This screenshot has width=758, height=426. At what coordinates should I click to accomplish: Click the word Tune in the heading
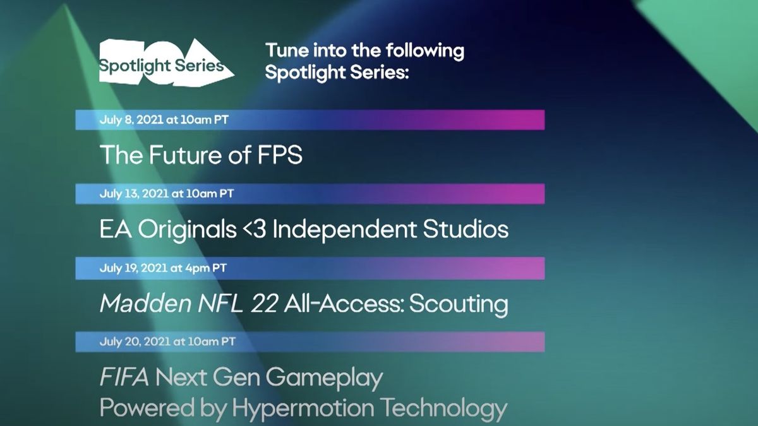pyautogui.click(x=285, y=51)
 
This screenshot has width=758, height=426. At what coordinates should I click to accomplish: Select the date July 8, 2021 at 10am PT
pyautogui.click(x=164, y=119)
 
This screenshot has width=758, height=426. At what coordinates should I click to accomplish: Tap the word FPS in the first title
pyautogui.click(x=279, y=155)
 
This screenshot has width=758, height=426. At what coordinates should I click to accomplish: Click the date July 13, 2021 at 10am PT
pyautogui.click(x=167, y=194)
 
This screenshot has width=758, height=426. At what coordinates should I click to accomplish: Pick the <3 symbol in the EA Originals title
pyautogui.click(x=254, y=229)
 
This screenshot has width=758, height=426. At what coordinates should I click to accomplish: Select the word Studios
pyautogui.click(x=466, y=229)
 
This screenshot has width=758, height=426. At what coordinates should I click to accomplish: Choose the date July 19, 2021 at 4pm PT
pyautogui.click(x=163, y=268)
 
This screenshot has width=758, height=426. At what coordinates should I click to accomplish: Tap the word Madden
pyautogui.click(x=138, y=304)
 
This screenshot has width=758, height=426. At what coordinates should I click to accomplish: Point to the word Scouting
pyautogui.click(x=459, y=304)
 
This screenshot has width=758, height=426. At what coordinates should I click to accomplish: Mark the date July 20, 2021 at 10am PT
pyautogui.click(x=167, y=341)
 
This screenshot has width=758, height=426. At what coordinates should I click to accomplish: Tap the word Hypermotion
pyautogui.click(x=308, y=409)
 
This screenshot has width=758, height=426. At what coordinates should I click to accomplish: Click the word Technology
pyautogui.click(x=448, y=409)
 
